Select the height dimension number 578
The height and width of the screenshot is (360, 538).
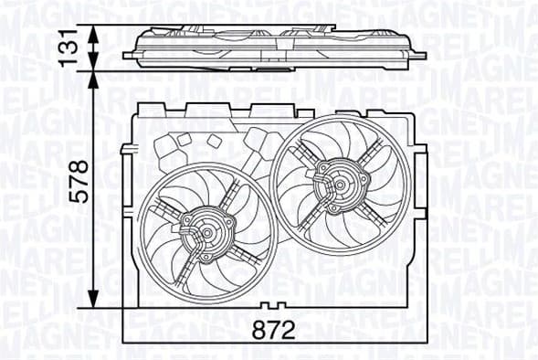click(80, 181)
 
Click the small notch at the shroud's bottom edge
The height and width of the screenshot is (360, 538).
click(266, 303)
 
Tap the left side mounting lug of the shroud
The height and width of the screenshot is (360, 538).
click(125, 154)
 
